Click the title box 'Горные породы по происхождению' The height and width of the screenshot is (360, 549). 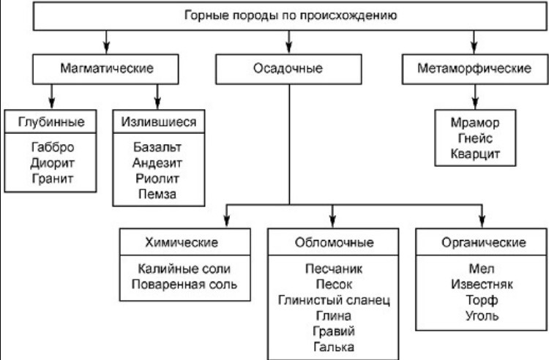[x=291, y=16]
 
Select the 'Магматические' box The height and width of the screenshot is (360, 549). [x=105, y=69]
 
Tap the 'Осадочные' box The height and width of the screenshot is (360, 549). [x=288, y=69]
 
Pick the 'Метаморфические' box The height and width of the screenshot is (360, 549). [x=475, y=69]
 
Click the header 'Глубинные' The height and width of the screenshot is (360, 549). [x=51, y=121]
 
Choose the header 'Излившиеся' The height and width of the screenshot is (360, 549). [x=159, y=121]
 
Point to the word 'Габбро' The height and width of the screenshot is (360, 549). [x=53, y=147]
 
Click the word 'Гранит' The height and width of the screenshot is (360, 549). [x=53, y=179]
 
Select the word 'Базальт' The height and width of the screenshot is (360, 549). [x=157, y=147]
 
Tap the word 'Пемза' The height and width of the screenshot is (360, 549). [x=157, y=194]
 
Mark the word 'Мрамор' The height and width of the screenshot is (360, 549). [x=475, y=123]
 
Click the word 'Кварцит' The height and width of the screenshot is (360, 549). [x=475, y=154]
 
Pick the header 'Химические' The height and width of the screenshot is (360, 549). [x=182, y=242]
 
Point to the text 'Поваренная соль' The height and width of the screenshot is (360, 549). [x=184, y=285]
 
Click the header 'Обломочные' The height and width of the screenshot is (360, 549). [x=334, y=242]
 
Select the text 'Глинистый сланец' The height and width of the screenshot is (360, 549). [x=334, y=300]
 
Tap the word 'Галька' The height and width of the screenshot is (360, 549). [x=334, y=347]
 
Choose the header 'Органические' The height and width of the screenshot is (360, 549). [x=484, y=242]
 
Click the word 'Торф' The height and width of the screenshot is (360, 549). [x=482, y=300]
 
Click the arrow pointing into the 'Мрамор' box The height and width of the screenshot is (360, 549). [x=475, y=97]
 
